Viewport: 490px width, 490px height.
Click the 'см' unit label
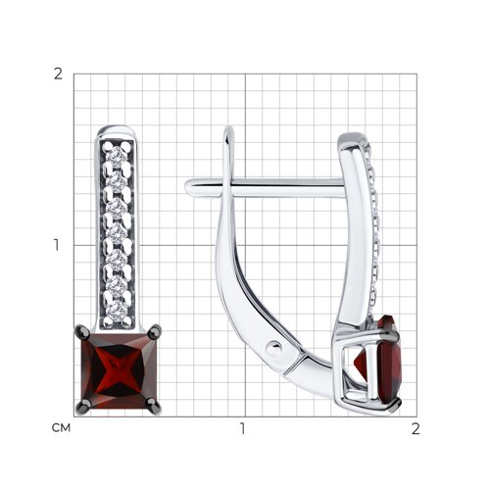(x=61, y=427)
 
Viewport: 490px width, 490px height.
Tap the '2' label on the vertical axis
(x=58, y=74)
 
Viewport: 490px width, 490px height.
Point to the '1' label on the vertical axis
(x=58, y=245)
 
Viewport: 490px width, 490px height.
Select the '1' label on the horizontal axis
(x=242, y=428)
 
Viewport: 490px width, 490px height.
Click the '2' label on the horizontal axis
(x=416, y=428)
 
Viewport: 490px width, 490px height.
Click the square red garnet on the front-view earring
(x=119, y=370)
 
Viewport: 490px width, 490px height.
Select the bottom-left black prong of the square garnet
(x=82, y=407)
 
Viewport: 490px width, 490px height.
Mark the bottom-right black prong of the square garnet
(x=154, y=407)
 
